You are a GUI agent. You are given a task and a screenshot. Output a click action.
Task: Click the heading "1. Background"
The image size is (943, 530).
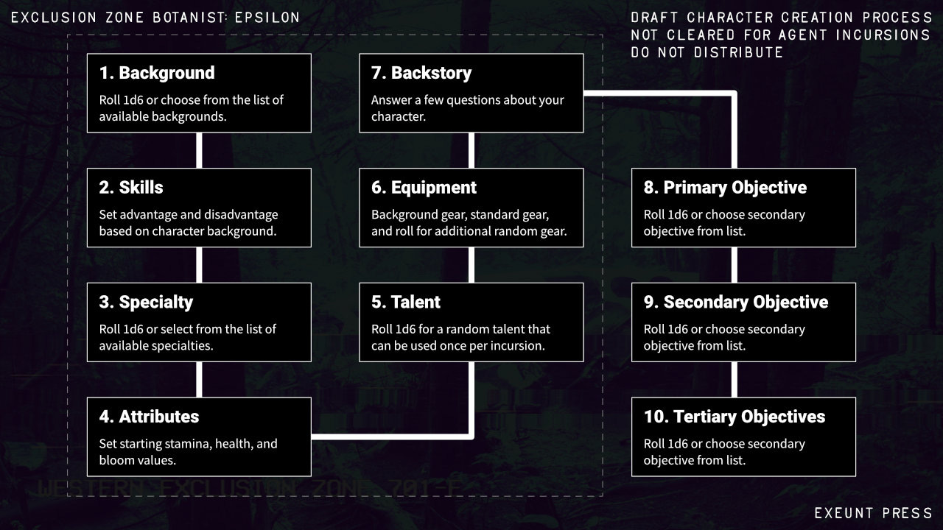[x=157, y=73]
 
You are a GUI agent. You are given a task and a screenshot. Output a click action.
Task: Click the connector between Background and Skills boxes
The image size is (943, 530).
[x=199, y=150]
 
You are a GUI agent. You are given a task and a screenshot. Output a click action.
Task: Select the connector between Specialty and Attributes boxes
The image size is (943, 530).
[x=199, y=379]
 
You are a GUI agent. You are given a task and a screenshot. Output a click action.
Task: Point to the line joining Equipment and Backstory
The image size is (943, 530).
[x=471, y=150]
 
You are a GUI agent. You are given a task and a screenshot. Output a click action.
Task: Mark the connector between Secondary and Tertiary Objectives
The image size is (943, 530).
[x=734, y=379]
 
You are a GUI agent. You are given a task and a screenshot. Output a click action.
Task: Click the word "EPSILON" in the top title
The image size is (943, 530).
[x=267, y=17]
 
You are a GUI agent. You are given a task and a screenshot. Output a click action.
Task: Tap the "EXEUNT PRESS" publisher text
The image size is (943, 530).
[x=873, y=513]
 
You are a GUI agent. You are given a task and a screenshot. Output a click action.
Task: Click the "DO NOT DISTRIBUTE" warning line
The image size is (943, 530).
[x=707, y=52]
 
